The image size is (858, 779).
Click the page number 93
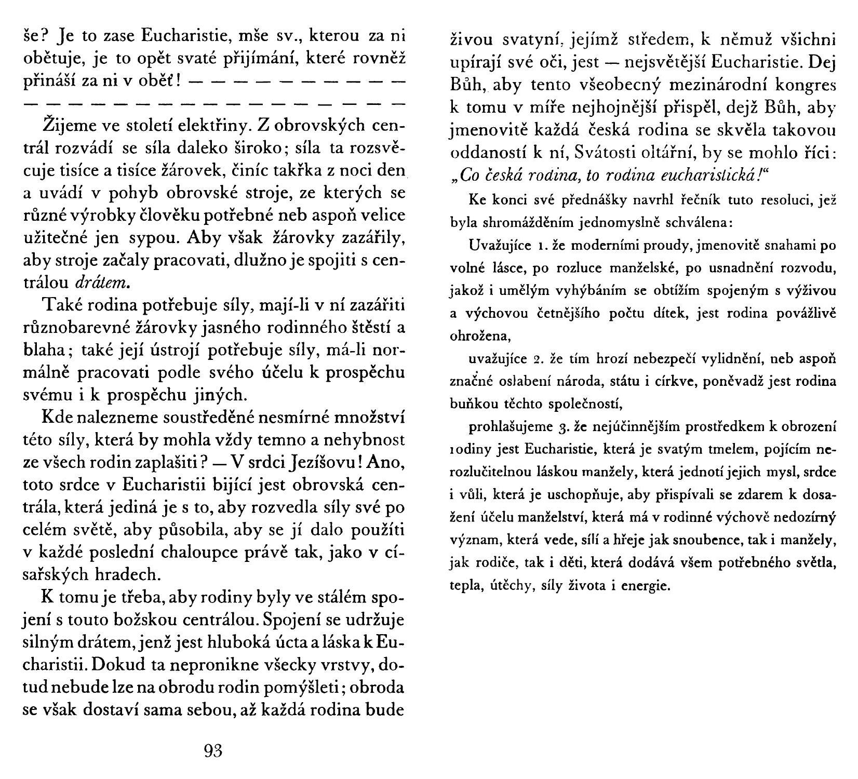[x=214, y=751]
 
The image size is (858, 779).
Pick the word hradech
[x=127, y=574]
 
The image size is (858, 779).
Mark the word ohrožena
[x=480, y=337]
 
